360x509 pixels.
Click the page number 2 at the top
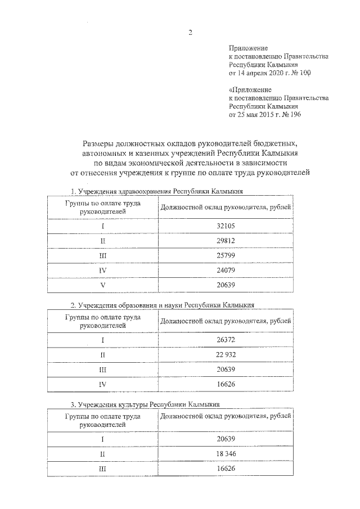[190, 32]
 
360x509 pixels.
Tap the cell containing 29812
[225, 241]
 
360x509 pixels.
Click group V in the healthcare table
[102, 286]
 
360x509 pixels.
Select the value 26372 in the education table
[225, 340]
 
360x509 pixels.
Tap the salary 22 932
[225, 355]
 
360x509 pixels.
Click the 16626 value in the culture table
[225, 469]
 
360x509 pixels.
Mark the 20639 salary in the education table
[225, 370]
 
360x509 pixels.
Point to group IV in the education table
[102, 385]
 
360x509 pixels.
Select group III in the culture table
[102, 469]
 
